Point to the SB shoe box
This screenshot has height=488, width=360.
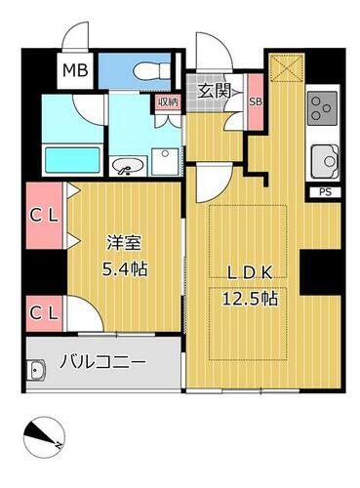tap(256, 101)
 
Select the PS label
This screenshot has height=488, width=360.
tap(324, 193)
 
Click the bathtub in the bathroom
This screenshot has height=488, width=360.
tap(71, 157)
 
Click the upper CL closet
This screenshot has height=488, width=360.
tap(40, 215)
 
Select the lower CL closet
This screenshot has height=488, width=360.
tap(40, 313)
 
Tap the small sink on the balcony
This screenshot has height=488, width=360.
tap(38, 370)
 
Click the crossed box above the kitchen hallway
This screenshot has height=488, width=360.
tap(286, 67)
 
